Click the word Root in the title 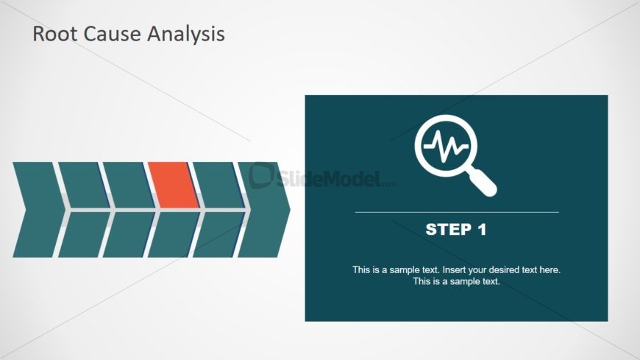[x=54, y=34]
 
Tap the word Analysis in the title [x=185, y=35]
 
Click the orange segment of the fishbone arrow [x=174, y=185]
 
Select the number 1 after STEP [x=482, y=230]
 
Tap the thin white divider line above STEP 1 [x=457, y=213]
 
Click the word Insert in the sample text [x=455, y=269]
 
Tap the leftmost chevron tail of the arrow [x=39, y=210]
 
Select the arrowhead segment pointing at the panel [x=264, y=210]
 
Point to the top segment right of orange [x=218, y=185]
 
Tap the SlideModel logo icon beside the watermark [x=262, y=176]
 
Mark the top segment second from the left [x=84, y=185]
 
